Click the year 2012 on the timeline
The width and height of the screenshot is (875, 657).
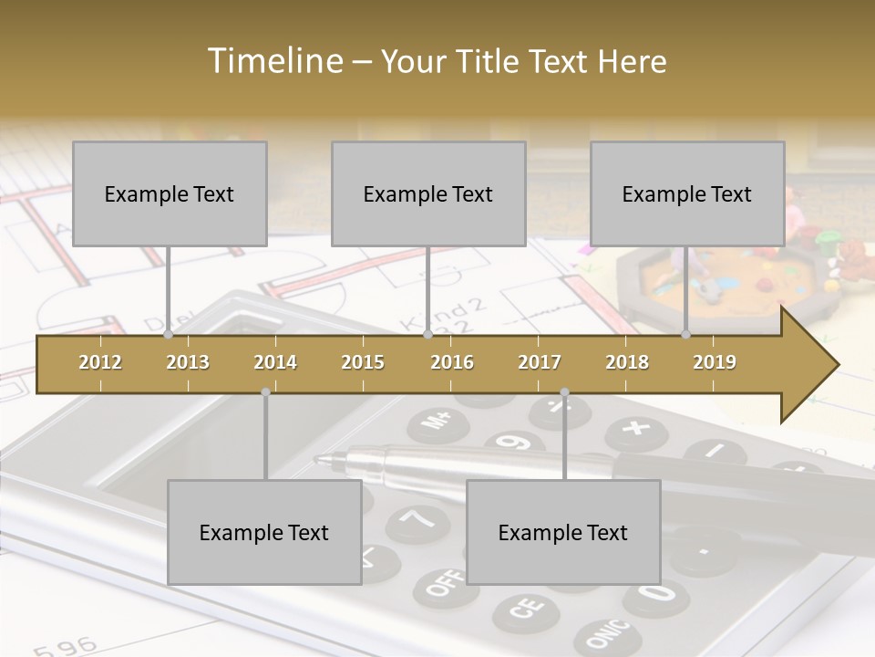(x=100, y=362)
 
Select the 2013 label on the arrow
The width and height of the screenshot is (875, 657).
(x=188, y=362)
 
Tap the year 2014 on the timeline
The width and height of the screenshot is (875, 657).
(x=275, y=362)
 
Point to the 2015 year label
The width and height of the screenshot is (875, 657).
(x=363, y=362)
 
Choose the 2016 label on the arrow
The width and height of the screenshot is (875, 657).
(x=452, y=362)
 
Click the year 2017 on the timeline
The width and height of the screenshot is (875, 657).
(x=540, y=362)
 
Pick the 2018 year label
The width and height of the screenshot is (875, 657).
(x=627, y=362)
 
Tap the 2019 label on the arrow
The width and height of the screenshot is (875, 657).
(x=715, y=362)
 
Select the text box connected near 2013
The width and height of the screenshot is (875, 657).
(x=170, y=193)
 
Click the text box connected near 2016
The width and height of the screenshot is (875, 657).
(x=428, y=193)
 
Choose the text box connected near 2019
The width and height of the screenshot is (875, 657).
(x=687, y=193)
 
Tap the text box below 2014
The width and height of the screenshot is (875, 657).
(x=264, y=532)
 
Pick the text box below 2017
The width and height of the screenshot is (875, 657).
(x=563, y=532)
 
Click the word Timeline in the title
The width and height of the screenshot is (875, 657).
(x=273, y=61)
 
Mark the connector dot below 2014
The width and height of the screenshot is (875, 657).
(x=265, y=392)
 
